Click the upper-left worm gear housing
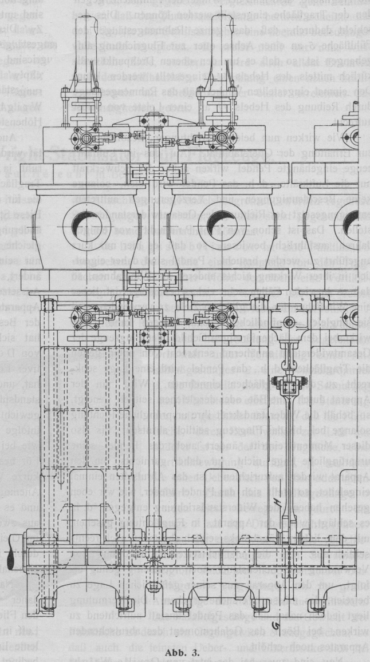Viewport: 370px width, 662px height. (83, 138)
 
